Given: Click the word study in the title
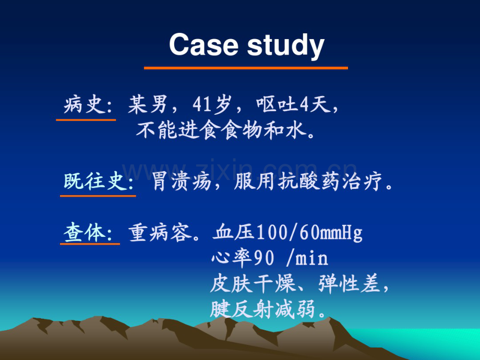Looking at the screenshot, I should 285,46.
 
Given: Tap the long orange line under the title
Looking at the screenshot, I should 246,68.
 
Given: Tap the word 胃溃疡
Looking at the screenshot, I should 182,182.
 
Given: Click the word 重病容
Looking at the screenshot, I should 160,233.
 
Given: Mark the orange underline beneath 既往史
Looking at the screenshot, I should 98,196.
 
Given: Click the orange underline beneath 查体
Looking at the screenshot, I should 90,244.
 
